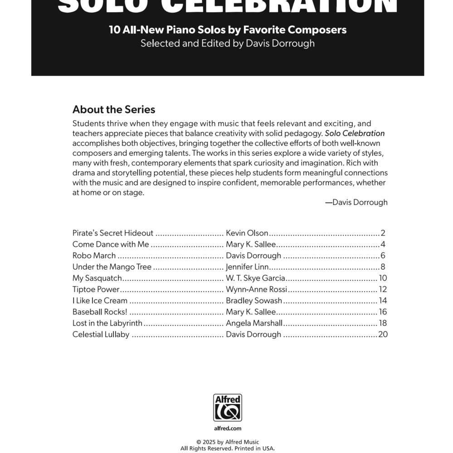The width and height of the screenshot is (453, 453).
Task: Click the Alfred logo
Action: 228,408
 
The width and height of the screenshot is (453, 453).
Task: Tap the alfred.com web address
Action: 228,428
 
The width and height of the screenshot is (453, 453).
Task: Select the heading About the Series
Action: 114,110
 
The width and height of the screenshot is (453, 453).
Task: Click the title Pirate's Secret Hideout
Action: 113,233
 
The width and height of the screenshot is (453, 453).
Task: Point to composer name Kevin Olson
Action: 247,233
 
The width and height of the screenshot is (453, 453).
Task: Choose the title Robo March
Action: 94,256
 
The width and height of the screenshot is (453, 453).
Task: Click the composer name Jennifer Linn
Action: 247,267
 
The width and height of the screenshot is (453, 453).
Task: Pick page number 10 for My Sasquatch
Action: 383,278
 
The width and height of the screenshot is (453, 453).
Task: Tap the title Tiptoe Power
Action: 96,289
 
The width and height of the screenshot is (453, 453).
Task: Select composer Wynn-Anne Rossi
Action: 256,289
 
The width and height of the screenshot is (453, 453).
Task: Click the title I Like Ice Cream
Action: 100,301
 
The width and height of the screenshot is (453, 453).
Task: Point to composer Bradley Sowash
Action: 254,301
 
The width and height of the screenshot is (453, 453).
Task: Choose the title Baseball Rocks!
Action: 100,312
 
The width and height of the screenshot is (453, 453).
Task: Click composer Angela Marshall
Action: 254,323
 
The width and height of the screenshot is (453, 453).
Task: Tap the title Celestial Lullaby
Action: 101,335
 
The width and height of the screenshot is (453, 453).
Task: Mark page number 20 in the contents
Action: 383,335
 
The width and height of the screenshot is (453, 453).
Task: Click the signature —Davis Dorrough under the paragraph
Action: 356,202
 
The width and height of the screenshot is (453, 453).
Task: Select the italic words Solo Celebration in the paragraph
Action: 355,133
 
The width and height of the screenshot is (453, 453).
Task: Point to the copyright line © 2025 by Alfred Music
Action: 228,442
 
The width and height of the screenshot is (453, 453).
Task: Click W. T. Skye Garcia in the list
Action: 255,278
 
